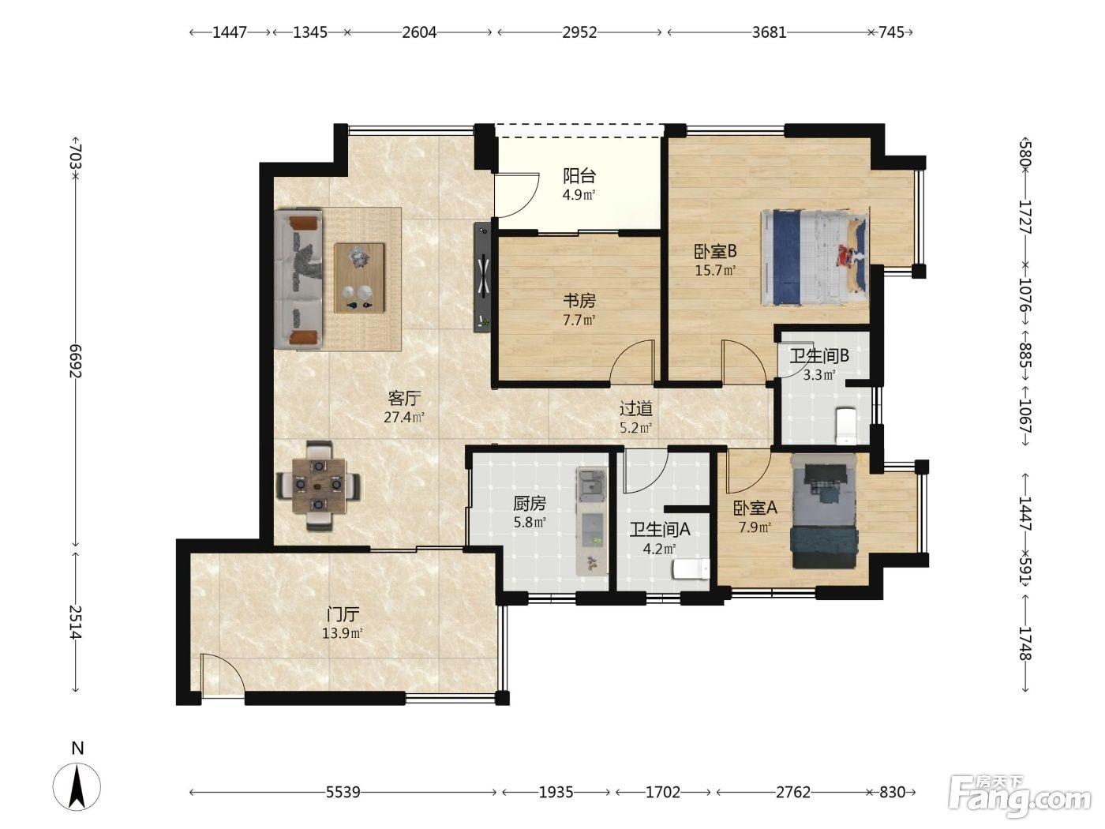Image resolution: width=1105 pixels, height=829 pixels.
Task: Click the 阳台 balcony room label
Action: click(579, 175)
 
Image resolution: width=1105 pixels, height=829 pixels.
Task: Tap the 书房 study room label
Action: click(579, 301)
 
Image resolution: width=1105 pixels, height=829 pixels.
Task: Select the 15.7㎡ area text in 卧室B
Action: click(715, 270)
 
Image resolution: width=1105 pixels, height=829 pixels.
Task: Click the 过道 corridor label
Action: click(636, 408)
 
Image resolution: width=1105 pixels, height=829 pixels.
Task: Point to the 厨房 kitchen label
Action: click(530, 503)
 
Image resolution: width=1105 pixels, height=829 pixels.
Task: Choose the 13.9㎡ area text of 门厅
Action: click(343, 633)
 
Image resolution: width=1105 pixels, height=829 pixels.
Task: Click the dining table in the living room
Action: click(319, 486)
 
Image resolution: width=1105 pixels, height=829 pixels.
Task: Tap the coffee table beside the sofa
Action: click(359, 278)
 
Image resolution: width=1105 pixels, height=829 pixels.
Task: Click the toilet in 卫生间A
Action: click(691, 570)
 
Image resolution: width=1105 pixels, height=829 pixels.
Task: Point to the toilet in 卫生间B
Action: click(846, 426)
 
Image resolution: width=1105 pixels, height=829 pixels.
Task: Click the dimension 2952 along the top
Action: click(579, 32)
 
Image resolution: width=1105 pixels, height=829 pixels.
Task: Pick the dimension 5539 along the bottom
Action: click(343, 793)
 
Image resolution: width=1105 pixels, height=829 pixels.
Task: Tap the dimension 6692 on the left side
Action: click(76, 360)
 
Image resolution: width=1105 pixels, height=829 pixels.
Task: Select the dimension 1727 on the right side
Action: click(1025, 217)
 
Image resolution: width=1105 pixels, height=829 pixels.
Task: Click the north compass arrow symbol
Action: click(77, 787)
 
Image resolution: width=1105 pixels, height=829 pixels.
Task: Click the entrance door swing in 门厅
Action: click(222, 675)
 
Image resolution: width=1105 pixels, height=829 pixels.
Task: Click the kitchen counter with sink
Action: click(592, 521)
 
